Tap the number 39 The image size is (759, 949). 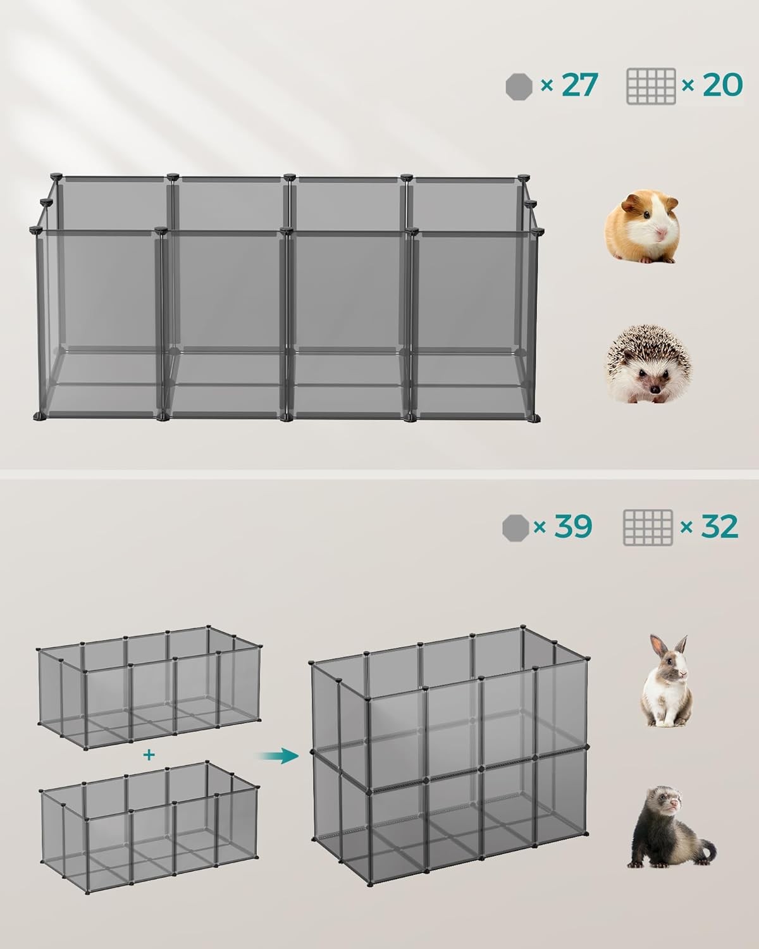point(573,526)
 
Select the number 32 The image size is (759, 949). point(719,526)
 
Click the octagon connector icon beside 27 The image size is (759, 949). point(519,87)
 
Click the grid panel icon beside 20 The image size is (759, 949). point(651,86)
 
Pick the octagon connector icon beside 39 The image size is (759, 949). point(515,528)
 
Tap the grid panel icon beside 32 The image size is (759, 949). point(648,528)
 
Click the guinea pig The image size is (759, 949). point(642,226)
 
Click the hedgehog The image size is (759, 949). point(648,364)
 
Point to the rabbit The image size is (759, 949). point(665,681)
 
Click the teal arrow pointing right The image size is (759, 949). point(279,756)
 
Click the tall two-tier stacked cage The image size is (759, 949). point(450,755)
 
